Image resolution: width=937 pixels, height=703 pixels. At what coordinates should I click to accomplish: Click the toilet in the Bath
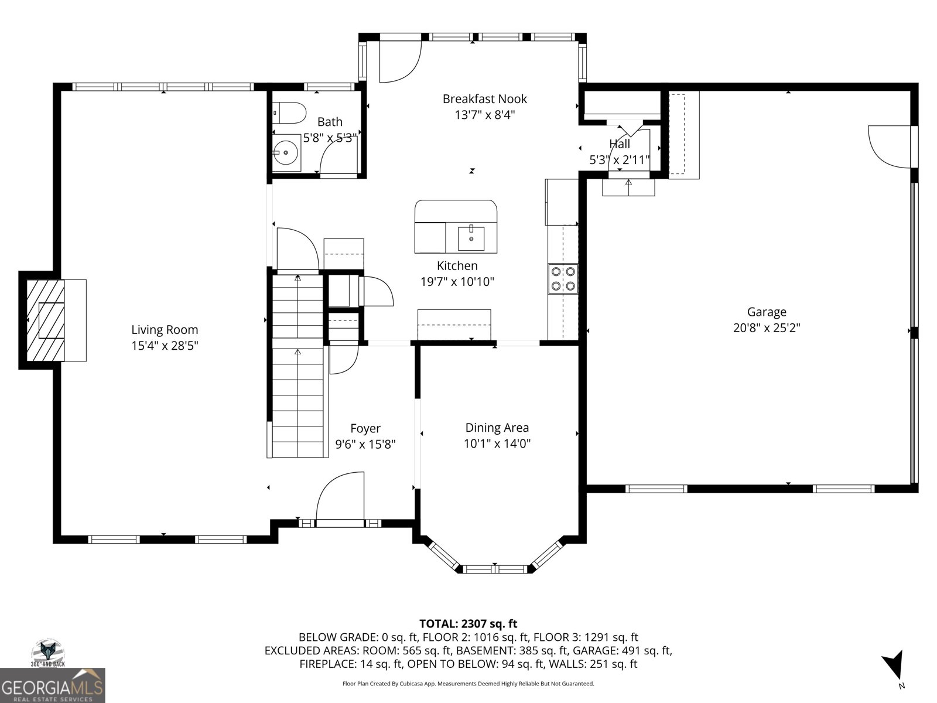[x=289, y=112]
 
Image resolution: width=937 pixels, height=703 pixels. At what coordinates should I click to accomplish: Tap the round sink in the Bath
[x=286, y=152]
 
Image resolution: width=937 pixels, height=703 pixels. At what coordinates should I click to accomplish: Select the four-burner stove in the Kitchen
[x=563, y=278]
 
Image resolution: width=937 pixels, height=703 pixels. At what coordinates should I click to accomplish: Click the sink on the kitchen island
[x=471, y=238]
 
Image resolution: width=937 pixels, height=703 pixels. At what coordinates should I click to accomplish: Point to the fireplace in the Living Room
[x=46, y=320]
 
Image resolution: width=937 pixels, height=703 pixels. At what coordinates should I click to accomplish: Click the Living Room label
[x=165, y=329]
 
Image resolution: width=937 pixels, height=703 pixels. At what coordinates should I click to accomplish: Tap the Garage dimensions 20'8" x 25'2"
[x=767, y=328]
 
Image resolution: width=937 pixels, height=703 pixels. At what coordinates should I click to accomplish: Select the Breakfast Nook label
[x=484, y=99]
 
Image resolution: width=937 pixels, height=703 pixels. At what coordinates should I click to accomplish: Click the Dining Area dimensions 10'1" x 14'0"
[x=497, y=443]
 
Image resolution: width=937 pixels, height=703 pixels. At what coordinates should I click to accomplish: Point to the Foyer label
[x=365, y=428]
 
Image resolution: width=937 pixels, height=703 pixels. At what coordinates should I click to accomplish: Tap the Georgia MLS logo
[x=53, y=685]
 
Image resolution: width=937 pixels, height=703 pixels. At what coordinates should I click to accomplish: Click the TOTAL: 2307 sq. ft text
[x=468, y=623]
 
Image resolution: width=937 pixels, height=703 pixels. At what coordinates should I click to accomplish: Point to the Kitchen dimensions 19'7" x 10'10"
[x=457, y=282]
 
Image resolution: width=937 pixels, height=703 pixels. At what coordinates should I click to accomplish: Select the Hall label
[x=620, y=144]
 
